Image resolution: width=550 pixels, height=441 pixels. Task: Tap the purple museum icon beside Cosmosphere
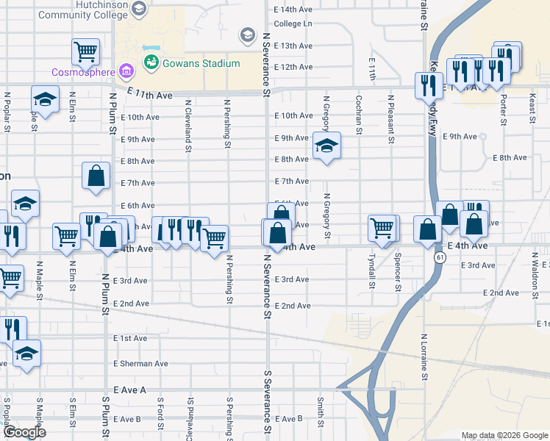127,71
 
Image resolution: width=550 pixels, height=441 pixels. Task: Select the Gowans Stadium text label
201,63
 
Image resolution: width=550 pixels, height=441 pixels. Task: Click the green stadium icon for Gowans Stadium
152,63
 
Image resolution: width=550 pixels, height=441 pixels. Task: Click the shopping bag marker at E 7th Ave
96,176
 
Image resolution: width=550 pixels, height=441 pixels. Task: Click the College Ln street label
293,24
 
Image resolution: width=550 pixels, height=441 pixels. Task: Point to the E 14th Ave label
293,10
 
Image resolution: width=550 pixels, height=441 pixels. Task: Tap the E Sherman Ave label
140,364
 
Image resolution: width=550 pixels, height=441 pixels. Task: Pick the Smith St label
321,412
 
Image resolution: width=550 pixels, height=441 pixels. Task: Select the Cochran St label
358,115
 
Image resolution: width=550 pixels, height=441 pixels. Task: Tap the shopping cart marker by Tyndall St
382,228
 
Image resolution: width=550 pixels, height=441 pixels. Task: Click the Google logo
24,432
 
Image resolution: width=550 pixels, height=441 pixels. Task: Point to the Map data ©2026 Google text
504,435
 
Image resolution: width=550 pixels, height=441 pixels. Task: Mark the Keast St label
531,112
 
